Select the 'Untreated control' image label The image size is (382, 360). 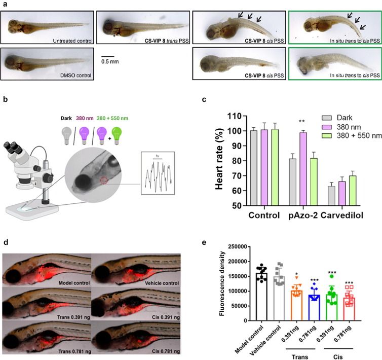(x=70, y=39)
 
